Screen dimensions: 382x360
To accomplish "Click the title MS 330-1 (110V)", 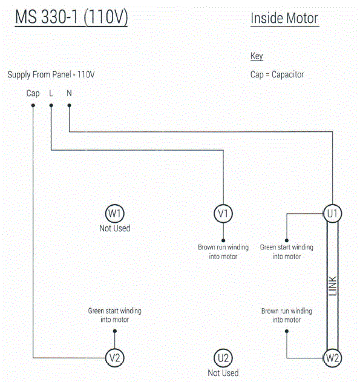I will point(71,18).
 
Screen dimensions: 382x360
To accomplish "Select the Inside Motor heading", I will point(284,19).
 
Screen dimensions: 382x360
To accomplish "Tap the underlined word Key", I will point(257,56).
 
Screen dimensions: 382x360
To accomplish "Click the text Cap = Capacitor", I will point(277,74).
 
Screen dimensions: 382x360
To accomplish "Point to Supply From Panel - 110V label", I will point(51,74).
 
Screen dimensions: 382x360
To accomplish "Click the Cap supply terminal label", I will point(33,93).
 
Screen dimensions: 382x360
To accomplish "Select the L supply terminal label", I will point(51,93).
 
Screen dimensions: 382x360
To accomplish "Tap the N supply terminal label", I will point(69,93).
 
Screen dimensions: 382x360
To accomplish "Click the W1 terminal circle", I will point(114,213).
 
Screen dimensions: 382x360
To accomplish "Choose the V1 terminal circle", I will point(223,213).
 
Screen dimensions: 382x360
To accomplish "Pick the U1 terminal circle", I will point(332,213).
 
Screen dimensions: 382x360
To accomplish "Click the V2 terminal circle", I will point(114,358).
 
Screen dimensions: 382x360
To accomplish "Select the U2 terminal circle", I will point(223,358).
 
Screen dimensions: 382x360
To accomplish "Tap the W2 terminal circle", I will point(332,358).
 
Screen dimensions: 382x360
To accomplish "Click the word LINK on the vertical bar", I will point(332,285).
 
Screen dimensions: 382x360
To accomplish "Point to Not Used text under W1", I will point(114,228).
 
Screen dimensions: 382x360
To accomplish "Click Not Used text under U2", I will point(223,373).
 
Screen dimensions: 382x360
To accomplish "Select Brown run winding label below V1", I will point(223,251).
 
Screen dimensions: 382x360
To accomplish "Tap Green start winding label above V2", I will point(114,315).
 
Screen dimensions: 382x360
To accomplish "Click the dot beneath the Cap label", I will point(33,105).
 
